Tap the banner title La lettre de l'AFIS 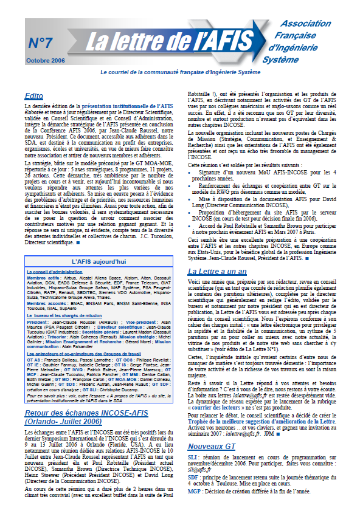[168, 44]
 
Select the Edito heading [33, 96]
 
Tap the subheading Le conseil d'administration [54, 271]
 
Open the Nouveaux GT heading [212, 463]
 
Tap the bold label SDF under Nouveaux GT [194, 491]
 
